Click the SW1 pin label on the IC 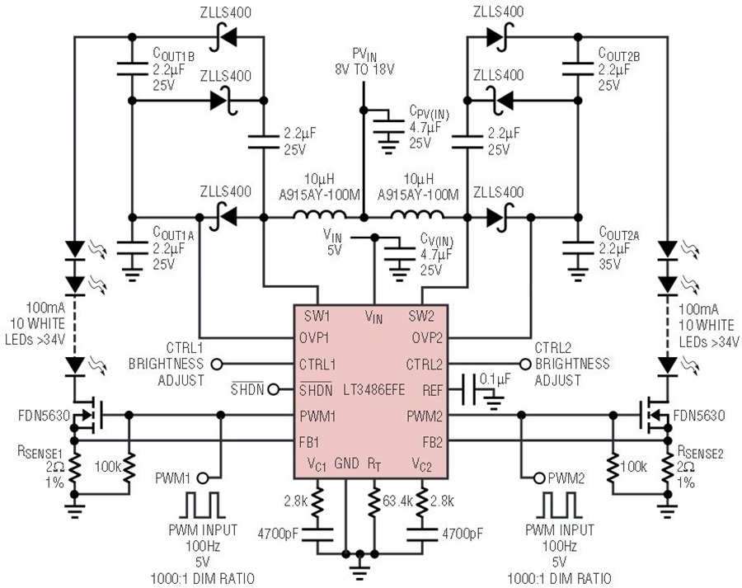317,316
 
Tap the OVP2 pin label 427,338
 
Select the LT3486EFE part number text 374,389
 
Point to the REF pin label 433,390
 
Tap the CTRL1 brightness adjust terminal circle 217,364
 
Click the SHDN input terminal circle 273,389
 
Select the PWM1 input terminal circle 203,478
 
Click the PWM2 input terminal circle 539,478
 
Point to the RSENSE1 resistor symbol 74,468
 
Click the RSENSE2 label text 701,452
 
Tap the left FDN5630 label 44,416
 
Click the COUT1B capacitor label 173,54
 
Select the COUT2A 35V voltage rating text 609,263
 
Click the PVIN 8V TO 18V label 364,62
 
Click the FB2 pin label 433,442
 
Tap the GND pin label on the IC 347,463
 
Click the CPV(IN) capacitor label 430,113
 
